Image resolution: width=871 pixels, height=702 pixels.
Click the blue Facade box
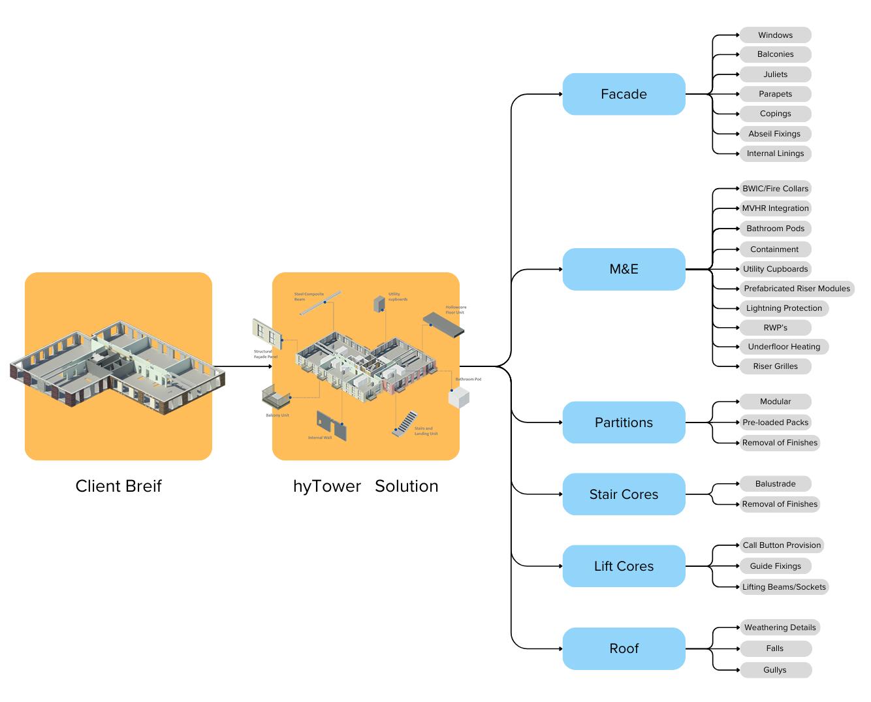[624, 94]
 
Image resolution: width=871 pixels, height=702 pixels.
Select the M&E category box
[624, 269]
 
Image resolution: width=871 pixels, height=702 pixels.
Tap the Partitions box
[624, 423]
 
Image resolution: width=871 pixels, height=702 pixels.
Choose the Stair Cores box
[624, 494]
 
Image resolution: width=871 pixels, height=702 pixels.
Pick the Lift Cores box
[624, 566]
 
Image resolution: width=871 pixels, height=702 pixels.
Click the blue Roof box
[624, 648]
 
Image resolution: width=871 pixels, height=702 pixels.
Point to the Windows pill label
[775, 35]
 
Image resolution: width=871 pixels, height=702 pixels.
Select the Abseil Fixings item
[775, 134]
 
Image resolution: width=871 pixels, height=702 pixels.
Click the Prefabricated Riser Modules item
[797, 289]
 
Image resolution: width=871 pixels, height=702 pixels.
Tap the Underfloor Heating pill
[784, 347]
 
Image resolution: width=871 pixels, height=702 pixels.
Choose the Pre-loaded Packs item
[775, 423]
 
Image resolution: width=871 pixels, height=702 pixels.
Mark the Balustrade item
[775, 484]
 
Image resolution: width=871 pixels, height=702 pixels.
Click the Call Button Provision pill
[782, 545]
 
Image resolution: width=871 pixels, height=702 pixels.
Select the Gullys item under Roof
[775, 670]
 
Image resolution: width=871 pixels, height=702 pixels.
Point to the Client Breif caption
[118, 487]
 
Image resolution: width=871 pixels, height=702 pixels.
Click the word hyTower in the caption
[326, 487]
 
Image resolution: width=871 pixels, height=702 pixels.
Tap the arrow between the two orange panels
[242, 366]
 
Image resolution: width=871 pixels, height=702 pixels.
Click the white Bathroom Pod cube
[459, 397]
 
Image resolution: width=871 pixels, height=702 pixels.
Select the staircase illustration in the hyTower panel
[404, 423]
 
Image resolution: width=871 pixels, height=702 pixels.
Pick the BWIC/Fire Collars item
[775, 189]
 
